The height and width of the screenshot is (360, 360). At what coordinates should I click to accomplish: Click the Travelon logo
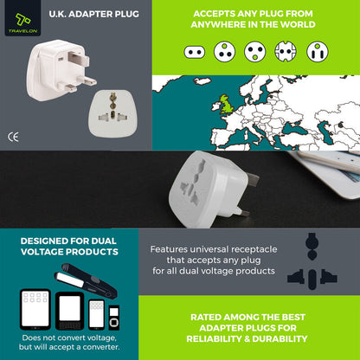(x=22, y=18)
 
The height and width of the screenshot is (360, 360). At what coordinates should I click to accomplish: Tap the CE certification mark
(x=13, y=138)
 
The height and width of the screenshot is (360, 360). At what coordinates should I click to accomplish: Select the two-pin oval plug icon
(x=195, y=52)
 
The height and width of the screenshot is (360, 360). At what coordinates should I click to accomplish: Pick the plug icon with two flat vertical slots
(x=318, y=52)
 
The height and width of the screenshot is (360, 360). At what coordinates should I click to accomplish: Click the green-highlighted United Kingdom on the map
(x=227, y=104)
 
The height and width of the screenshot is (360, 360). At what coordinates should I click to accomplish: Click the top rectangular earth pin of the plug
(x=80, y=61)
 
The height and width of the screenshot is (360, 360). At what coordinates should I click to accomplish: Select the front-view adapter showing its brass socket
(x=112, y=113)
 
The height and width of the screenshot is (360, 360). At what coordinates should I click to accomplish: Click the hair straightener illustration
(x=86, y=280)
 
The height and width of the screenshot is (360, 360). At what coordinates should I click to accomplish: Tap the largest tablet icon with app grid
(x=35, y=309)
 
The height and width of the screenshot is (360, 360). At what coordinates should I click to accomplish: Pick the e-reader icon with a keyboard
(x=69, y=311)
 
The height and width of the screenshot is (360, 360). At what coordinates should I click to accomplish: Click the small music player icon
(x=114, y=318)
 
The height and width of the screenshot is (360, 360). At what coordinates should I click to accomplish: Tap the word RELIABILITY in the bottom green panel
(x=215, y=338)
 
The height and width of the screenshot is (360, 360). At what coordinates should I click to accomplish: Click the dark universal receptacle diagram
(x=312, y=261)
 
